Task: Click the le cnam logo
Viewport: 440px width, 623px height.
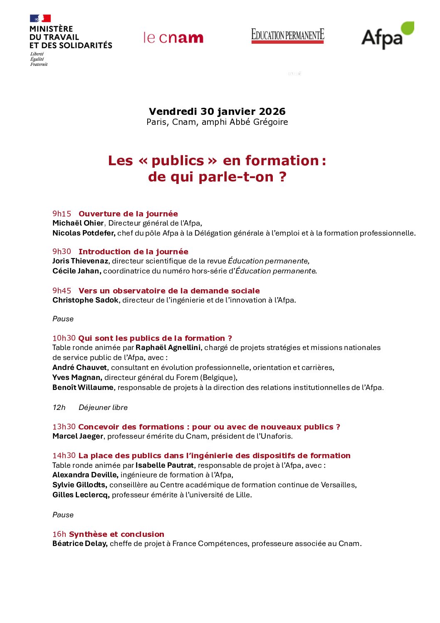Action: pyautogui.click(x=173, y=38)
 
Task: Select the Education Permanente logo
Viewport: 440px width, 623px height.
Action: pyautogui.click(x=287, y=35)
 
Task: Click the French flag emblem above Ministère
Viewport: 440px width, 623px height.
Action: pyautogui.click(x=40, y=18)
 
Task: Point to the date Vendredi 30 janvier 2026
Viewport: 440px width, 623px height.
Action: pyautogui.click(x=217, y=112)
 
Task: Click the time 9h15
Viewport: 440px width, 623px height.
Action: pyautogui.click(x=62, y=214)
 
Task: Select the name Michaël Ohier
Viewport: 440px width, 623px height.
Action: pyautogui.click(x=78, y=223)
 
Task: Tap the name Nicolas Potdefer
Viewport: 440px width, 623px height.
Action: pyautogui.click(x=84, y=233)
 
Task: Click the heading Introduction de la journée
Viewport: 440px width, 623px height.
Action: pyautogui.click(x=133, y=252)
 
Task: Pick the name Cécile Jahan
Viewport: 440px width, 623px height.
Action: pyautogui.click(x=77, y=271)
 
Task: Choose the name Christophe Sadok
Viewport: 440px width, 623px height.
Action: pyautogui.click(x=85, y=300)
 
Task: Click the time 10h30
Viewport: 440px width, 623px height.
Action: pyautogui.click(x=64, y=338)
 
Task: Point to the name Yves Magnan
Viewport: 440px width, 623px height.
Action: pyautogui.click(x=77, y=377)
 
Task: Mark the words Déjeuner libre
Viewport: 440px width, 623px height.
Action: pyautogui.click(x=103, y=407)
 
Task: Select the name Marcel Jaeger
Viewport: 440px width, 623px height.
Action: pyautogui.click(x=78, y=436)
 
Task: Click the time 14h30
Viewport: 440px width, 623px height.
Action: pyautogui.click(x=64, y=456)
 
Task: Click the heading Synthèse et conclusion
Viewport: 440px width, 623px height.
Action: pyautogui.click(x=116, y=534)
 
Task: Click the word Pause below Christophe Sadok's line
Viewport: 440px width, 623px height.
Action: pyautogui.click(x=63, y=319)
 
